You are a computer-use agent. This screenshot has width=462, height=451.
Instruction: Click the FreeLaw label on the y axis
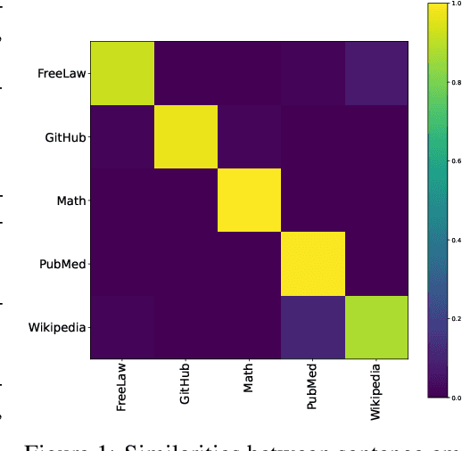[61, 73]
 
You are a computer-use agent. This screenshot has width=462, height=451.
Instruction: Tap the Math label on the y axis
[70, 200]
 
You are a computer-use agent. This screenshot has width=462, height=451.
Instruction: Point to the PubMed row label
[62, 264]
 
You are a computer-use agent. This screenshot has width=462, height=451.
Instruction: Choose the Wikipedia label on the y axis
[57, 327]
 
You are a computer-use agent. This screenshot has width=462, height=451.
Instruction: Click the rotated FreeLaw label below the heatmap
[121, 388]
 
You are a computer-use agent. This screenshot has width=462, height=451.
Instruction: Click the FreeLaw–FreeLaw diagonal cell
[121, 73]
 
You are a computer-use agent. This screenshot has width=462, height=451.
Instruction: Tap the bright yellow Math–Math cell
[249, 200]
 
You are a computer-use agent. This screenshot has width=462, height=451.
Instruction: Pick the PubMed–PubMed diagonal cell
[312, 264]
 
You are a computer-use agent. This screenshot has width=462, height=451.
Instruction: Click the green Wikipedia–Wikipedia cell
[375, 327]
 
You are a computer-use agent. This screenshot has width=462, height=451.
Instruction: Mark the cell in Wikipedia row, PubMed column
[312, 327]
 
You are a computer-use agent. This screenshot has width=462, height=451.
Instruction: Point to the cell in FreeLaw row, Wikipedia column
[375, 73]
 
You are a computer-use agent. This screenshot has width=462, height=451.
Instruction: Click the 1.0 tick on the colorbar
[456, 5]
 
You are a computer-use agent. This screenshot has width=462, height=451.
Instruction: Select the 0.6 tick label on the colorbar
[456, 162]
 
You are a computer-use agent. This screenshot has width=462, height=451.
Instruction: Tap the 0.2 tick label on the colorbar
[456, 318]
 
